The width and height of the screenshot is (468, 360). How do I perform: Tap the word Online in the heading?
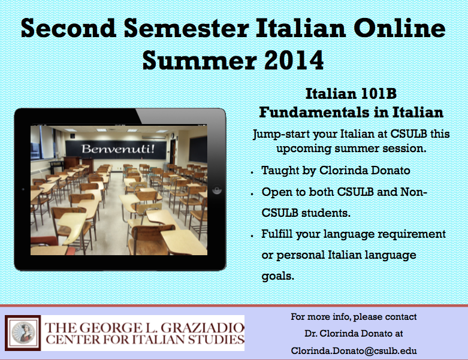pyautogui.click(x=399, y=28)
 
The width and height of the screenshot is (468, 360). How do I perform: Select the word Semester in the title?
pyautogui.click(x=186, y=28)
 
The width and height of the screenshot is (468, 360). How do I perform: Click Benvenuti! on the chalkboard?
pyautogui.click(x=118, y=149)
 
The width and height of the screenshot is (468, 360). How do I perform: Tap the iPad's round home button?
pyautogui.click(x=217, y=190)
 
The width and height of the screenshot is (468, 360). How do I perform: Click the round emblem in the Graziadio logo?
pyautogui.click(x=23, y=333)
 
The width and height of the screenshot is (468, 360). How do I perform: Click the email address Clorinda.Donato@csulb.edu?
pyautogui.click(x=354, y=351)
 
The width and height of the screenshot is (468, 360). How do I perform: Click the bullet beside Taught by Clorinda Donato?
pyautogui.click(x=252, y=173)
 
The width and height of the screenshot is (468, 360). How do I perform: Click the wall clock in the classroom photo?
pyautogui.click(x=173, y=136)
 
